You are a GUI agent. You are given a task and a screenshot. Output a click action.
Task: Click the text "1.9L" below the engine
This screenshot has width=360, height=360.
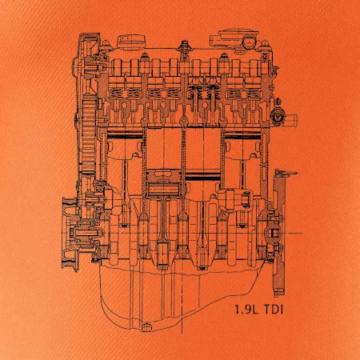point(246,310)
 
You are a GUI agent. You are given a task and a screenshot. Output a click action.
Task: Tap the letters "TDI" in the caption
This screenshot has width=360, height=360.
point(274,310)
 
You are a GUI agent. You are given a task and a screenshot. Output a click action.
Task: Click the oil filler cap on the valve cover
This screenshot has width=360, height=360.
point(132,42)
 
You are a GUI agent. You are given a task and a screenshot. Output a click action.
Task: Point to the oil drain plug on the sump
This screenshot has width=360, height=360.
point(146,327)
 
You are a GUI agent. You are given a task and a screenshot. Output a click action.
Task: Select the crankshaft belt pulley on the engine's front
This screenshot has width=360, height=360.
point(70,233)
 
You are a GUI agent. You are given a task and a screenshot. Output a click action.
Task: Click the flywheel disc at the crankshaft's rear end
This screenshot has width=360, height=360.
point(279,233)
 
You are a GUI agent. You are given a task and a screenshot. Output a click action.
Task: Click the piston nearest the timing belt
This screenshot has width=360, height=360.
point(125,146)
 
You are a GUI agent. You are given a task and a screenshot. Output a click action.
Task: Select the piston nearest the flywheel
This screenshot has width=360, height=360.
point(242,146)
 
